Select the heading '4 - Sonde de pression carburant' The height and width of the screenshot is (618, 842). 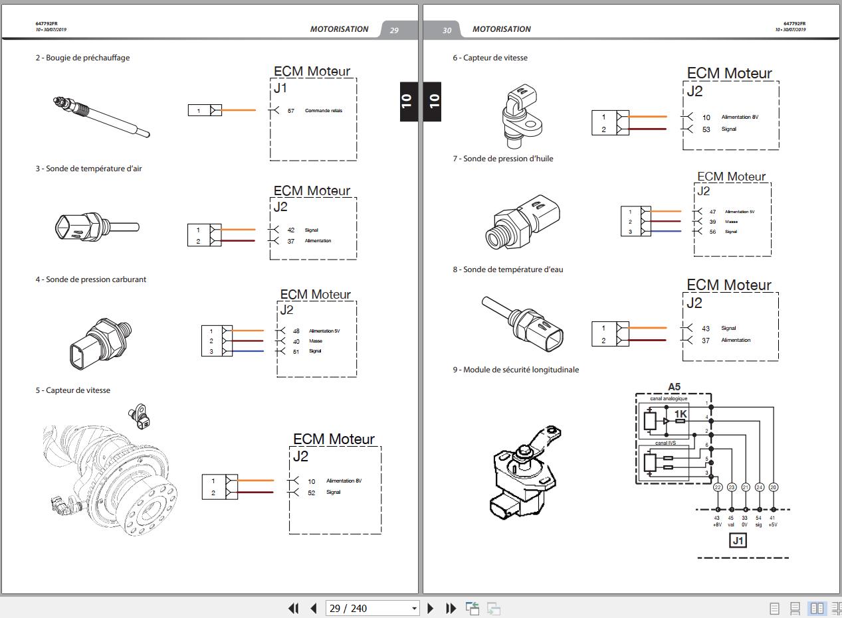point(91,279)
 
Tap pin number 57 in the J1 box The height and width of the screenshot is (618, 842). point(291,111)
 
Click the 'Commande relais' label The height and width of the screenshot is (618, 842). point(324,111)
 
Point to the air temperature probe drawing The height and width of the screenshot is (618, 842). point(97,228)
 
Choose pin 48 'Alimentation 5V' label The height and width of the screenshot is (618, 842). point(324,331)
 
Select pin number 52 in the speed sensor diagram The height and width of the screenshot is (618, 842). point(311,493)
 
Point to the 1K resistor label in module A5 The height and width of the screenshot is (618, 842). point(681,414)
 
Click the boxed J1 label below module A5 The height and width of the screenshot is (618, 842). point(738,541)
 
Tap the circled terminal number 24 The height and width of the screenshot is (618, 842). point(760,487)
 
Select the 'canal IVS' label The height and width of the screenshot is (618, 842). point(665,443)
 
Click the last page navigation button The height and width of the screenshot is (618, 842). point(451,608)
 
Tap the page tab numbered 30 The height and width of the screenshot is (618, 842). point(447,30)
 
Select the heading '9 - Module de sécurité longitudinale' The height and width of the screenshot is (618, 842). point(516,370)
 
